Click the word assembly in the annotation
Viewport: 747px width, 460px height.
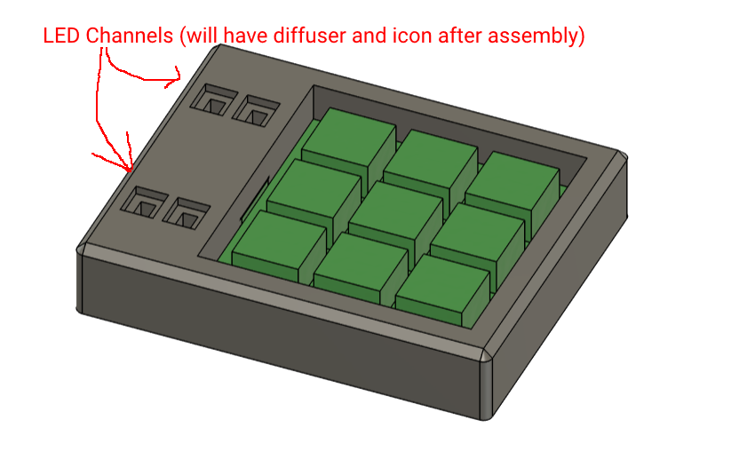pos(546,36)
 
